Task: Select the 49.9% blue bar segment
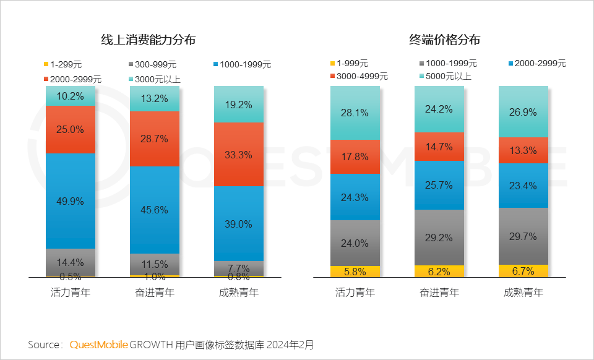tap(71, 200)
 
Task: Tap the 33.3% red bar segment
tap(239, 155)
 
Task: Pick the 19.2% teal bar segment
tap(239, 105)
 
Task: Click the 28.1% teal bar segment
tap(355, 113)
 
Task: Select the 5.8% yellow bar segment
tap(355, 271)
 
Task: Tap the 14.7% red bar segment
tap(439, 147)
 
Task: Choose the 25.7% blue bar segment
tap(439, 185)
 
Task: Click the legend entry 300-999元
tap(152, 64)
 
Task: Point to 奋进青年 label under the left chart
tap(155, 293)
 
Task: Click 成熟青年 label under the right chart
tap(523, 293)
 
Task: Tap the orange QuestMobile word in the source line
tap(98, 344)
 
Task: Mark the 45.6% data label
tap(155, 210)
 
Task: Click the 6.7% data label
tap(523, 270)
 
